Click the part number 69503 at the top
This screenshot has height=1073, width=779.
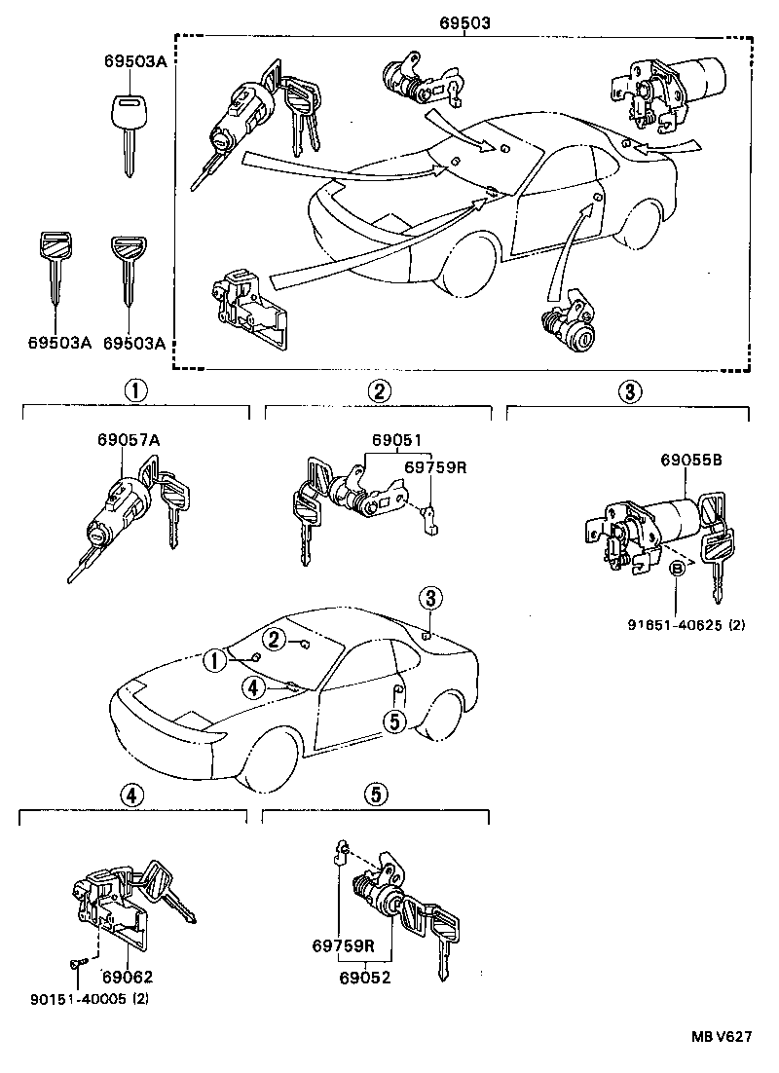(464, 19)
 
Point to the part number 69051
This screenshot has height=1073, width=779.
(394, 440)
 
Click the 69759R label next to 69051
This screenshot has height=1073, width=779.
(435, 467)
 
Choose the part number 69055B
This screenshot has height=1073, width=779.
(690, 460)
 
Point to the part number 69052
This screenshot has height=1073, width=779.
(365, 977)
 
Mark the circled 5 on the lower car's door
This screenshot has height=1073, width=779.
(394, 721)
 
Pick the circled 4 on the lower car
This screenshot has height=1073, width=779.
(252, 687)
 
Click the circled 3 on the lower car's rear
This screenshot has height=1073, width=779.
(431, 597)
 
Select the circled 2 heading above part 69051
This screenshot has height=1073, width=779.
(380, 391)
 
